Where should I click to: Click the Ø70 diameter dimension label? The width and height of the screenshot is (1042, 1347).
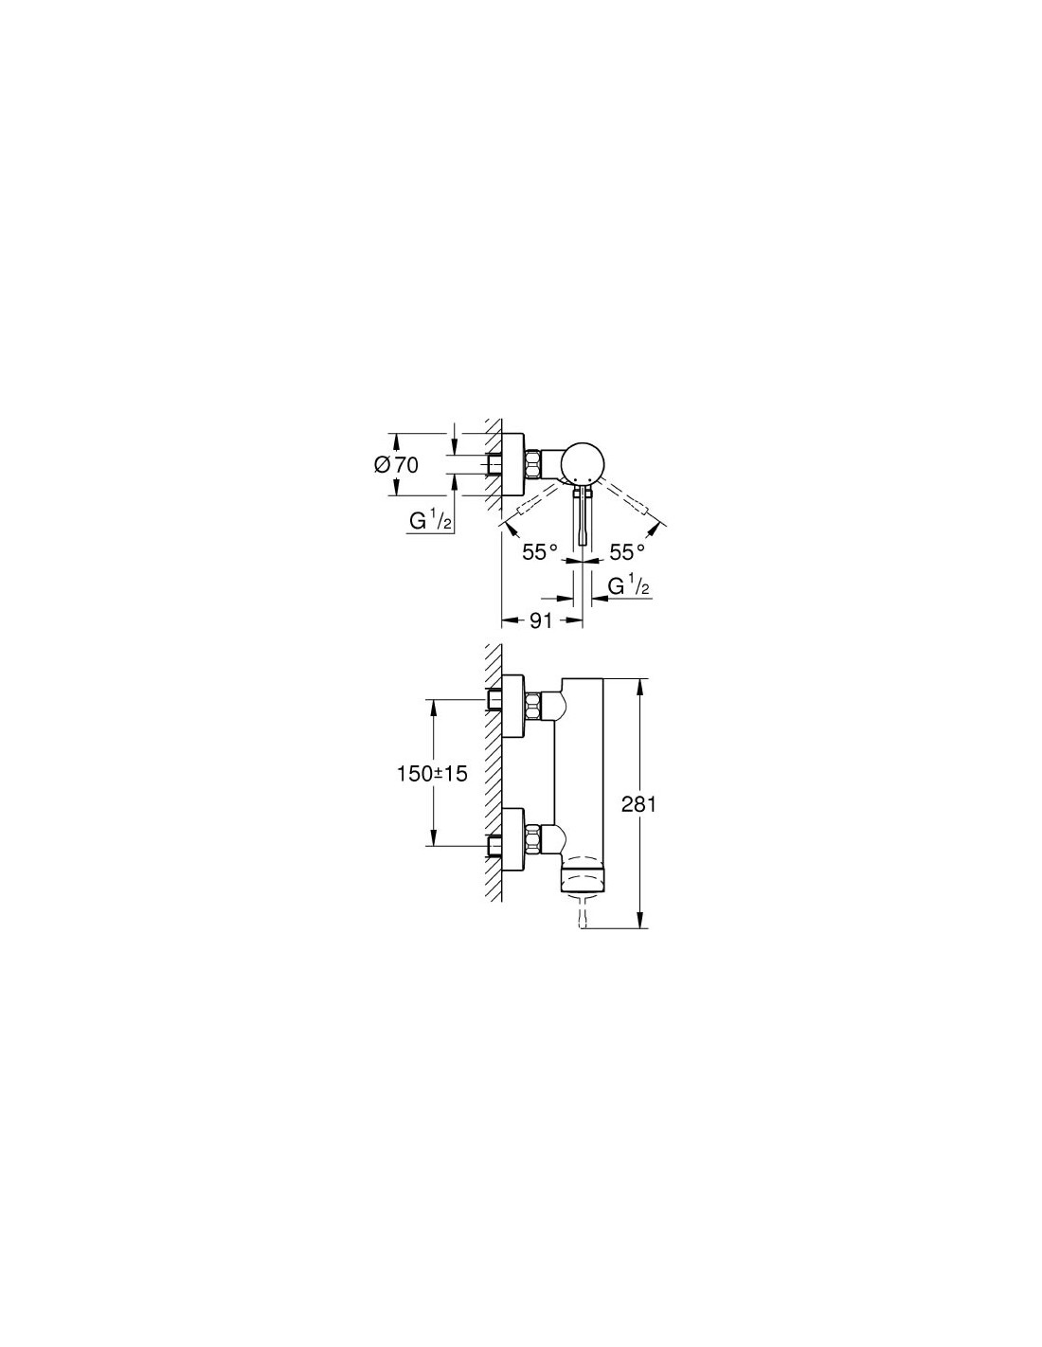click(397, 465)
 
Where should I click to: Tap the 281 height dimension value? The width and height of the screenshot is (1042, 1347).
click(638, 804)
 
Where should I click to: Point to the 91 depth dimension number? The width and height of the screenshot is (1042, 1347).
click(541, 620)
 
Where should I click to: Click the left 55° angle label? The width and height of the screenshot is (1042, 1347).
click(540, 551)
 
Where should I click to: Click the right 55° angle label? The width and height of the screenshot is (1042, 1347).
click(627, 551)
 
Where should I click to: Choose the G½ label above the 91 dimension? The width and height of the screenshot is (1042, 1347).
click(629, 585)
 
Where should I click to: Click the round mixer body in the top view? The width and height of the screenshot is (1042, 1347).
click(581, 463)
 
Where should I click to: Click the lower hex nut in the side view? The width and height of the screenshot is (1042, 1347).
click(533, 838)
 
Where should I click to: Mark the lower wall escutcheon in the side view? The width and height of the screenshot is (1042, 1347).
click(513, 838)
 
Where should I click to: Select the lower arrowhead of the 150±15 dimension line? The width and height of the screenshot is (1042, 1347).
click(433, 835)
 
